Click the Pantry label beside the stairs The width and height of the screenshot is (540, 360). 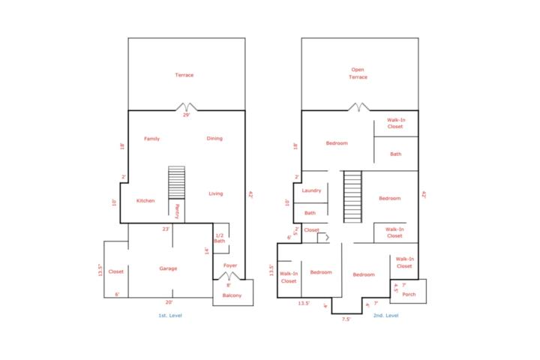[x=177, y=211]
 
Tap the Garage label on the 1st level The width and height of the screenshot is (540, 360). [x=168, y=268]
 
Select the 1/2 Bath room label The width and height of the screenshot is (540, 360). [x=219, y=238]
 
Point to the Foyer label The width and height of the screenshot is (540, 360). [x=230, y=265]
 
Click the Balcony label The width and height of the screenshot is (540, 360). [x=232, y=295]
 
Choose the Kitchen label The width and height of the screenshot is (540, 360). [x=145, y=200]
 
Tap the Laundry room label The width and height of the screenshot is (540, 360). [x=311, y=190]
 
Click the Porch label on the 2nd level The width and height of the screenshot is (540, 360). [x=409, y=294]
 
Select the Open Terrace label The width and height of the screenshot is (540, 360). [x=358, y=73]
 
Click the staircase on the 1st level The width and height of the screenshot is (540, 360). [x=177, y=182]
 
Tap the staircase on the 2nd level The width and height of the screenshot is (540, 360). [x=352, y=196]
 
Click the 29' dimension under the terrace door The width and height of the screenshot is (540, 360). [x=186, y=115]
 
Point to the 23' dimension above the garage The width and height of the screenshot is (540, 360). [x=166, y=229]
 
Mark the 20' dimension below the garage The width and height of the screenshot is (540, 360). [x=169, y=302]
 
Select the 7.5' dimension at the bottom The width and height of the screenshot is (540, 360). [x=346, y=319]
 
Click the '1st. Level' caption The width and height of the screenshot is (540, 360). [x=170, y=315]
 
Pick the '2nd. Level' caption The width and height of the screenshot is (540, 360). [x=385, y=315]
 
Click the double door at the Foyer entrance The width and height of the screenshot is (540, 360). [x=229, y=276]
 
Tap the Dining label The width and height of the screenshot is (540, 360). [x=214, y=139]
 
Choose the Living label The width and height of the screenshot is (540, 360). [x=216, y=193]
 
